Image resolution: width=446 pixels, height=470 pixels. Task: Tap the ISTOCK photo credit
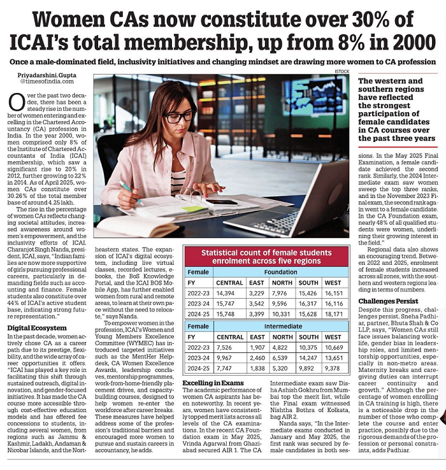tap(343, 72)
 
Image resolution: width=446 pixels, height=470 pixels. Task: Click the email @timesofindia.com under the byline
tap(42, 82)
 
